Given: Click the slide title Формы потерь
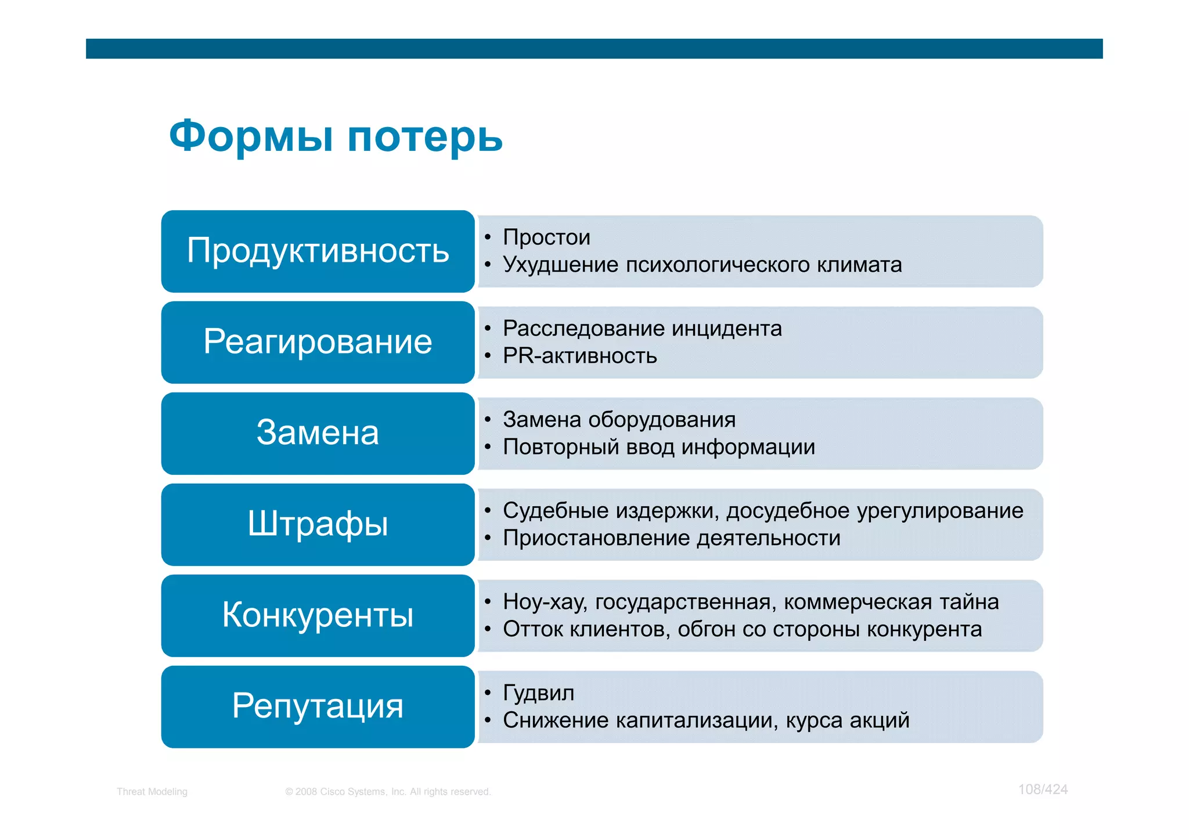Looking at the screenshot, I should [x=336, y=136].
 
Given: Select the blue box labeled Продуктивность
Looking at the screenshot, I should [x=318, y=251].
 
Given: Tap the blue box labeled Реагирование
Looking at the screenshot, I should [x=318, y=342].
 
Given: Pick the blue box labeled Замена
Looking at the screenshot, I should [x=318, y=433].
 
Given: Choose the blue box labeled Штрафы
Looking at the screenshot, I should [x=318, y=524].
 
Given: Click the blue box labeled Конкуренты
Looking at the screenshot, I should [x=318, y=615].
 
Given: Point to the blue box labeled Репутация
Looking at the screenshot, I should [x=318, y=706].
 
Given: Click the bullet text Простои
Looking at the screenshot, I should [x=546, y=237].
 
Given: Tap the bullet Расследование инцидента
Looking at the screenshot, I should [x=642, y=329].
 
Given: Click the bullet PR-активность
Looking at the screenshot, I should [x=579, y=356].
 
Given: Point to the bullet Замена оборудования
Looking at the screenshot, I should [x=619, y=420].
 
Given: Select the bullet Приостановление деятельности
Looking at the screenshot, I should [x=671, y=538].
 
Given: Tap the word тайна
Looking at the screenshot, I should [x=970, y=602].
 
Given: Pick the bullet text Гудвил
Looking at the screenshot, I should [x=538, y=693].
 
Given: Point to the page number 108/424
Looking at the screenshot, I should [x=1043, y=789].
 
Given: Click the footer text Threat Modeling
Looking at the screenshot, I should [x=152, y=792].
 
